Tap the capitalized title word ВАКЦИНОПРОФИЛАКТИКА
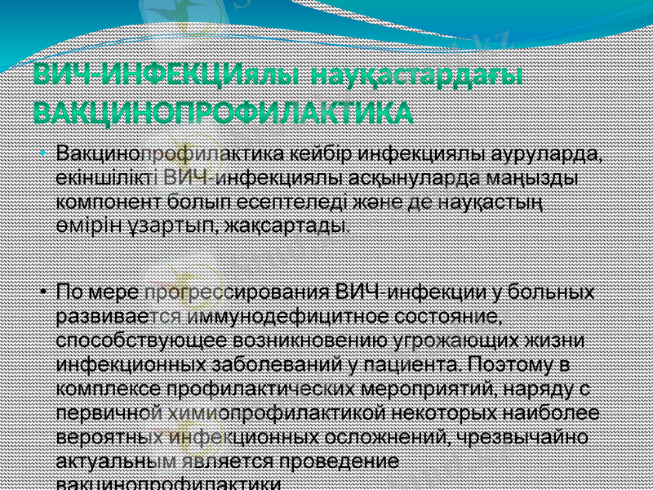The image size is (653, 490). [223, 112]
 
